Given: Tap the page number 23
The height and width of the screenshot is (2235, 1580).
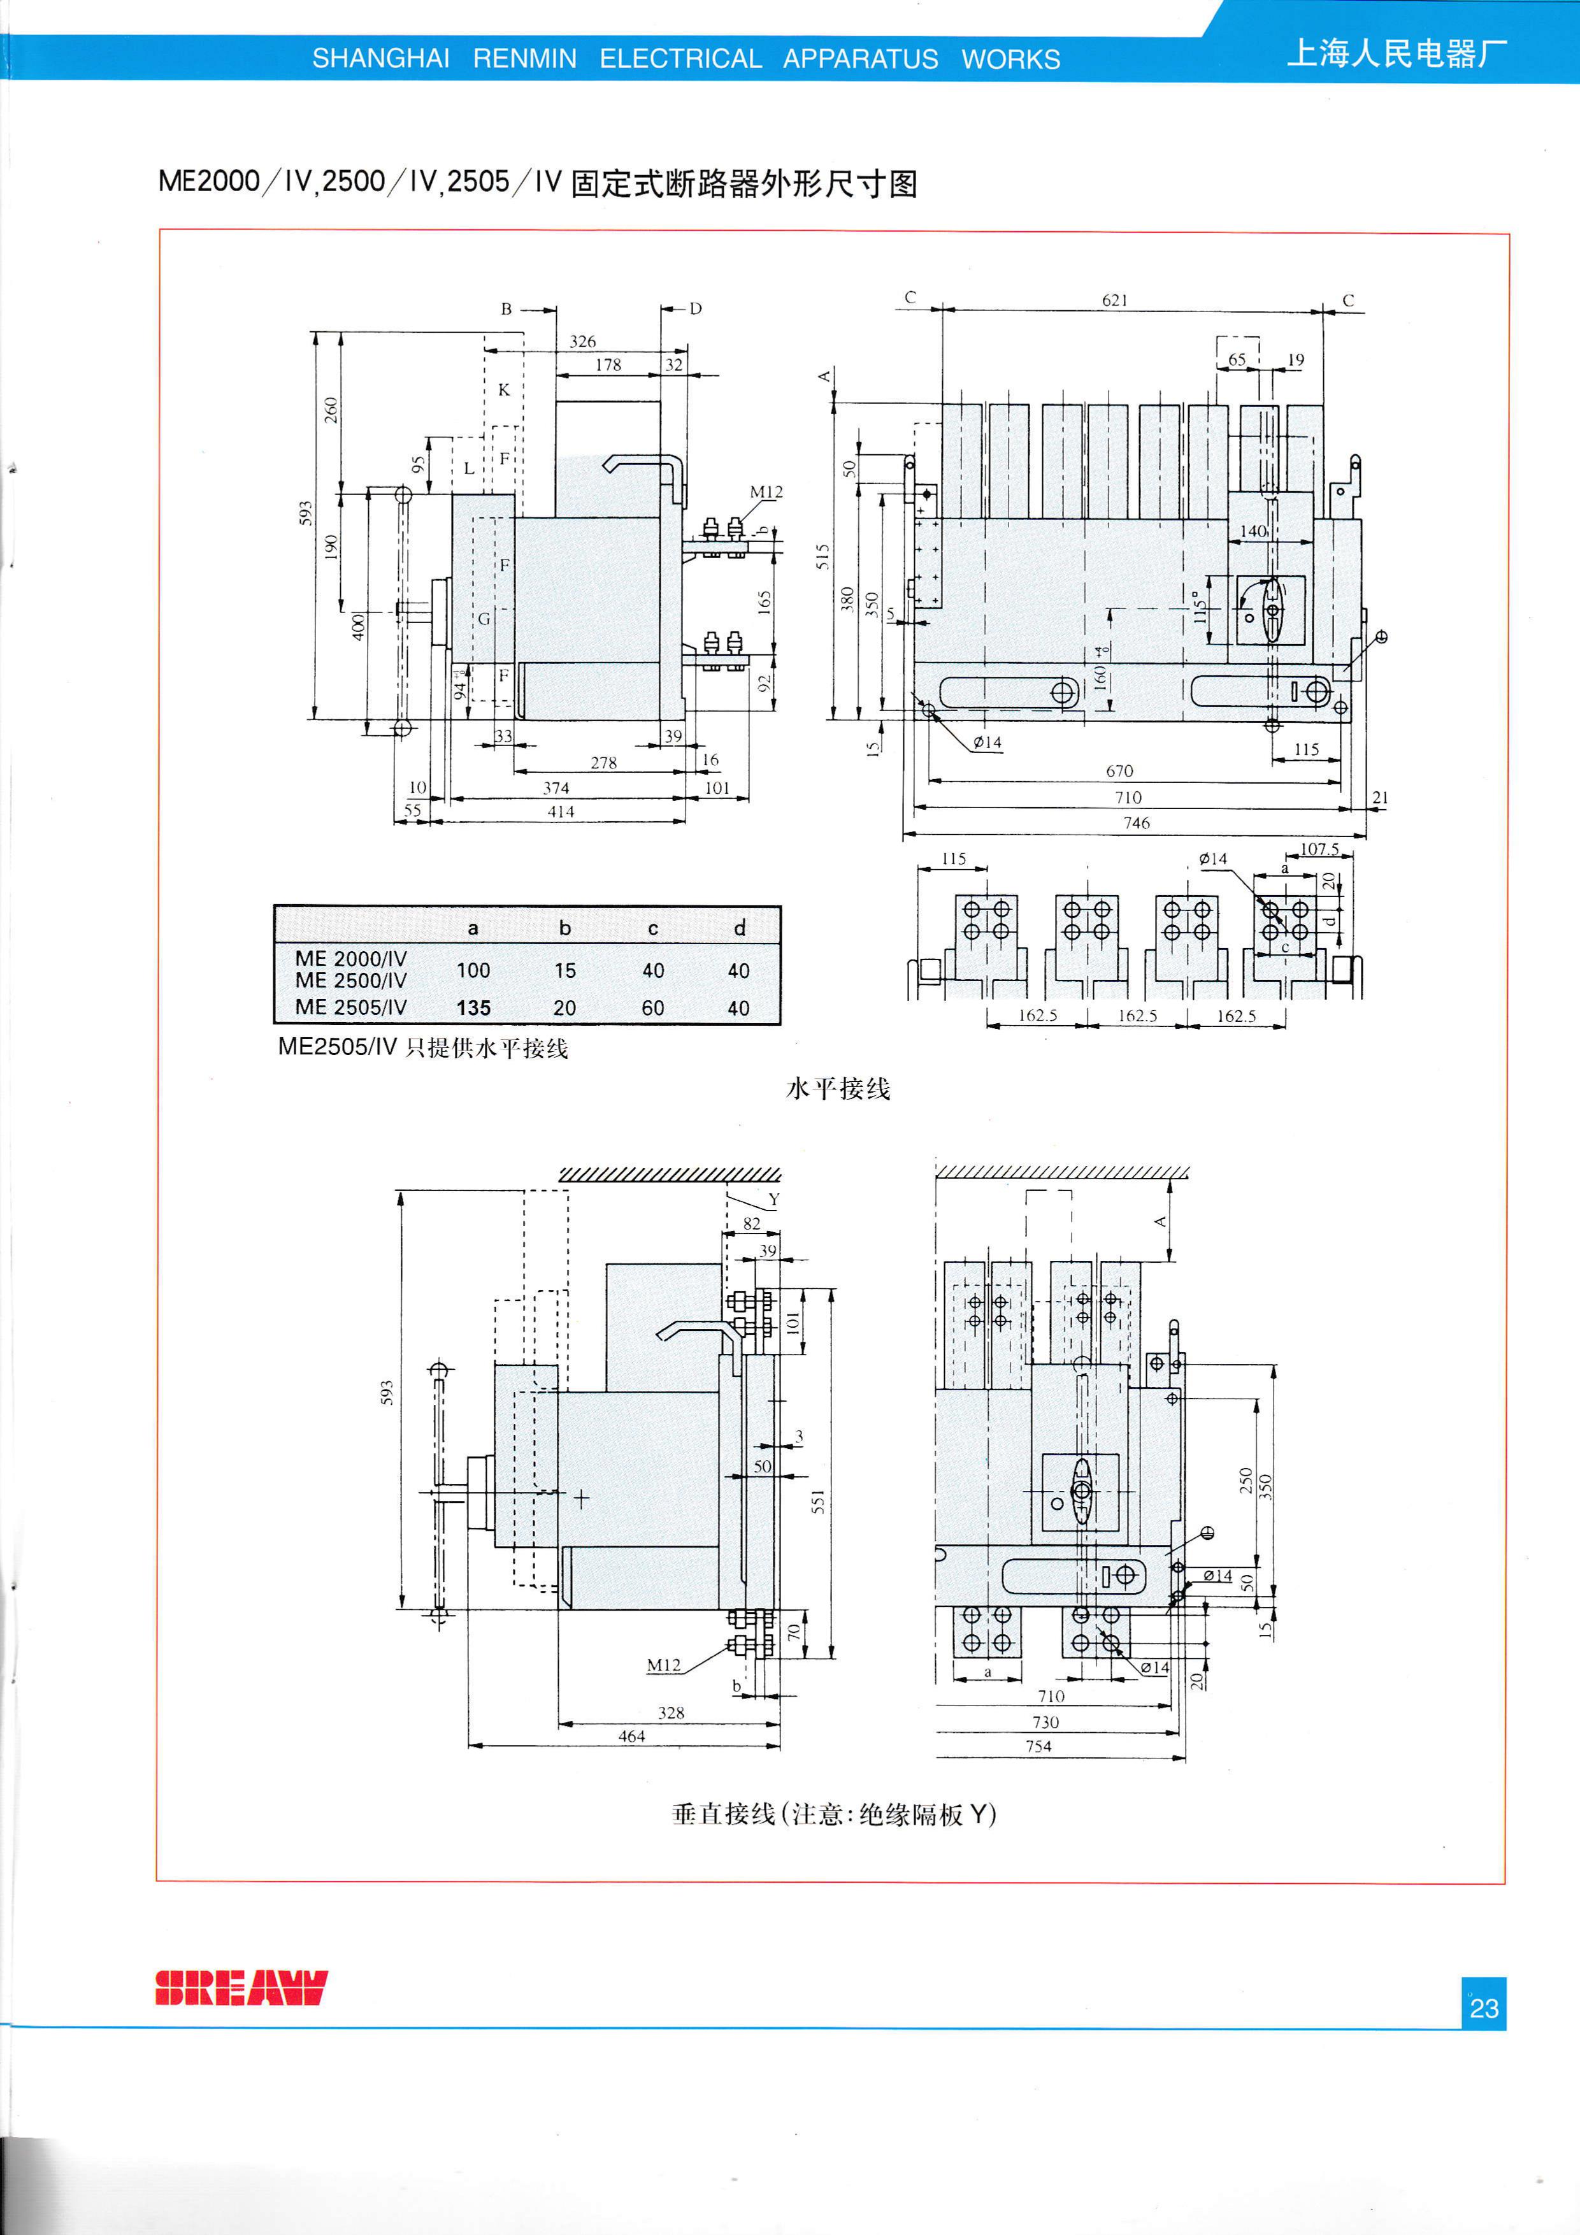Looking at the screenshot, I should [x=1484, y=2007].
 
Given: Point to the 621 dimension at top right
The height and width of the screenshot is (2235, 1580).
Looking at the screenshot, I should [x=1115, y=300].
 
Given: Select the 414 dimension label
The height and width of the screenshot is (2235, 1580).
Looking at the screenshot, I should [x=561, y=812].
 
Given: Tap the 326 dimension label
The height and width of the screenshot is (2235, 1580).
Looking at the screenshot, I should [x=582, y=341].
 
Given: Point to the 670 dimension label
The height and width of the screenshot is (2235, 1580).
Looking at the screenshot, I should [x=1119, y=771].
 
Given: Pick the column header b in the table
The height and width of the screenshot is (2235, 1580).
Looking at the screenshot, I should [x=564, y=928].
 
